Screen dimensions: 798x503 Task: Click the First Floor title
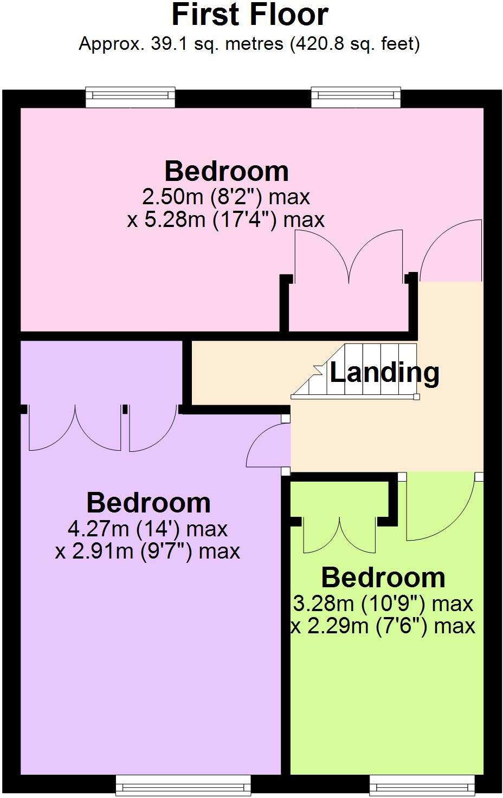250,15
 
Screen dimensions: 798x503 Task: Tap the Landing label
384,372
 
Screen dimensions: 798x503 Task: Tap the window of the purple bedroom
183,784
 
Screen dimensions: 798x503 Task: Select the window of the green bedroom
422,784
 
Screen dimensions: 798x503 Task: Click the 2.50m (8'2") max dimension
226,196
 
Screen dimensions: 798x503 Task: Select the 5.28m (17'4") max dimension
226,219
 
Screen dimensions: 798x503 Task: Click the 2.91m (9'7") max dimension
148,551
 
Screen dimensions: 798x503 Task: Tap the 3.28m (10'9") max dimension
383,603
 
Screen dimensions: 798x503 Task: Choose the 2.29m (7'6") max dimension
383,626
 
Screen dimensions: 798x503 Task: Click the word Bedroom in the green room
383,578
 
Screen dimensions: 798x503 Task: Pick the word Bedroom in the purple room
148,503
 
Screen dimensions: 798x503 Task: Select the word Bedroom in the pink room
226,171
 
